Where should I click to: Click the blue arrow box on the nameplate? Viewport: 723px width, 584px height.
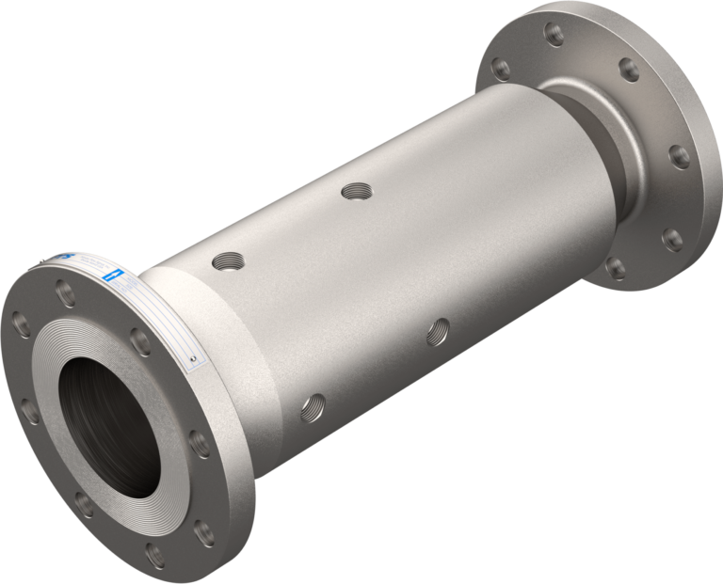[112, 275]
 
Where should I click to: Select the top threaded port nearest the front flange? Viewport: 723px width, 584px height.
[226, 260]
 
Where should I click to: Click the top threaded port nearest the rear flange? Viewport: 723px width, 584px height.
[358, 192]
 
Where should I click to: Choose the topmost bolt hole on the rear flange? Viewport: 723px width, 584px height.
[555, 35]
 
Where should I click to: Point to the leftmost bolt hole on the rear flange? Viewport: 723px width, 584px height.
[500, 70]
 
